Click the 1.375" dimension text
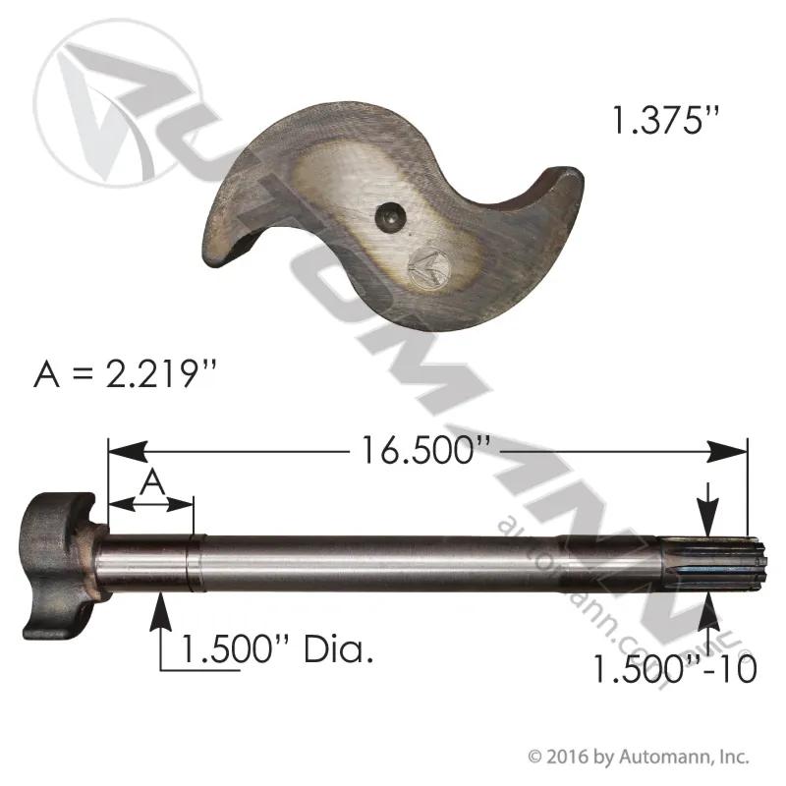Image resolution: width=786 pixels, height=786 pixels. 666,120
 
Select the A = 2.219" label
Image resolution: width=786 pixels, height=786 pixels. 126,374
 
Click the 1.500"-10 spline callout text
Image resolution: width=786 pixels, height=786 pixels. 675,669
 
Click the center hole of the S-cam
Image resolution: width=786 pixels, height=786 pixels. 389,218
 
